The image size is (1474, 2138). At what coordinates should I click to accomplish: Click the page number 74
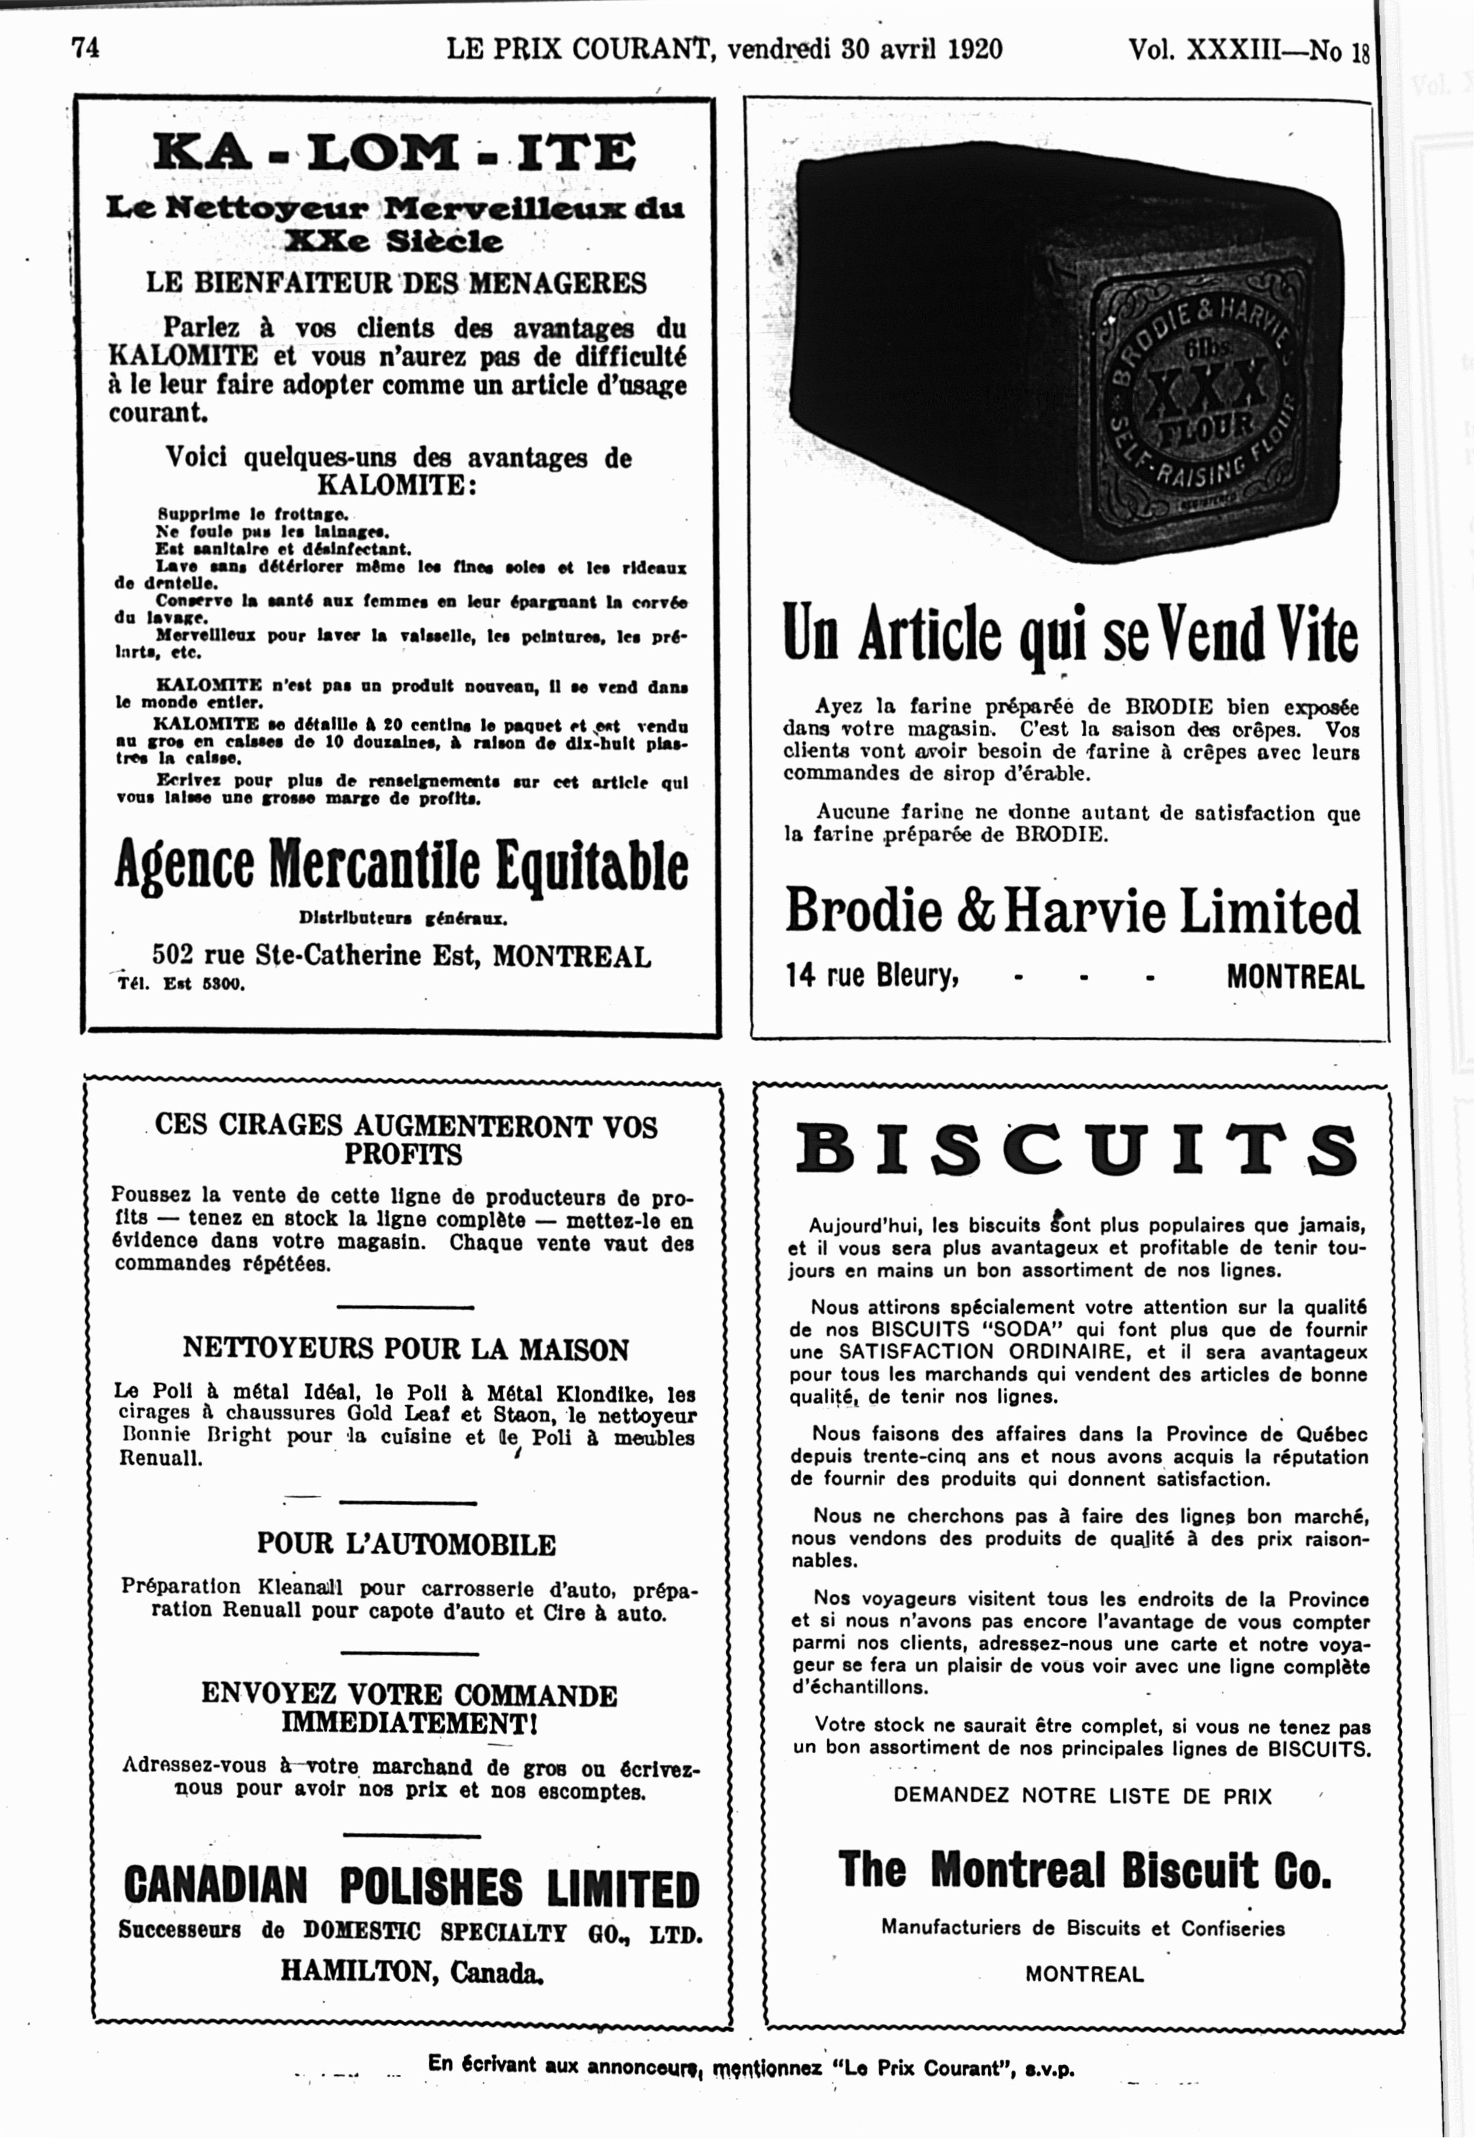(85, 47)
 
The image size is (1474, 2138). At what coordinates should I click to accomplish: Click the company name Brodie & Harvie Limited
(1072, 911)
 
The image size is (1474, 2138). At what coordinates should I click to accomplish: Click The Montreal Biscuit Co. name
(1084, 1870)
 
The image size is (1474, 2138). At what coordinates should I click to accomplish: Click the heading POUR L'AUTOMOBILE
(406, 1544)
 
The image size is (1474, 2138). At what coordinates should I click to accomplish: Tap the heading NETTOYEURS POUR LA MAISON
(406, 1349)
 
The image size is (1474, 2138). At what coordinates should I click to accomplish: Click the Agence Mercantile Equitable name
(401, 866)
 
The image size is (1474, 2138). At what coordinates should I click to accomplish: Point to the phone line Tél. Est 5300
(181, 984)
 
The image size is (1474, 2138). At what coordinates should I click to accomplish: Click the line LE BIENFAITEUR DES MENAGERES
(396, 283)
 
